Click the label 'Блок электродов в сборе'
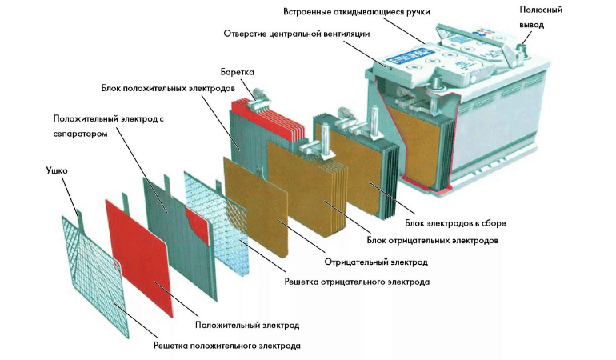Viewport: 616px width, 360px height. tap(450, 222)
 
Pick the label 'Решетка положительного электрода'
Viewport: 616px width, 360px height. tap(227, 346)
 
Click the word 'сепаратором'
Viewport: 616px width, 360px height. tap(79, 134)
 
